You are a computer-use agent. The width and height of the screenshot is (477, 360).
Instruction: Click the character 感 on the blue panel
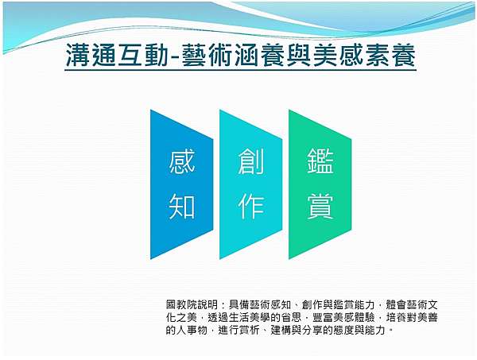181,161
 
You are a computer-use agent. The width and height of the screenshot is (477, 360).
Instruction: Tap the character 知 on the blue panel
181,207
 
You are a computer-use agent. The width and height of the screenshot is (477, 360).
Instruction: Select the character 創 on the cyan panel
251,161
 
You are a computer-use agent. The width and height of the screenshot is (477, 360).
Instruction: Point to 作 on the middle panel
251,207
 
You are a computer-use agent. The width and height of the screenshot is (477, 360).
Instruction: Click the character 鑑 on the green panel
320,161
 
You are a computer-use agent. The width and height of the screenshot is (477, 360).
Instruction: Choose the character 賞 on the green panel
320,207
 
